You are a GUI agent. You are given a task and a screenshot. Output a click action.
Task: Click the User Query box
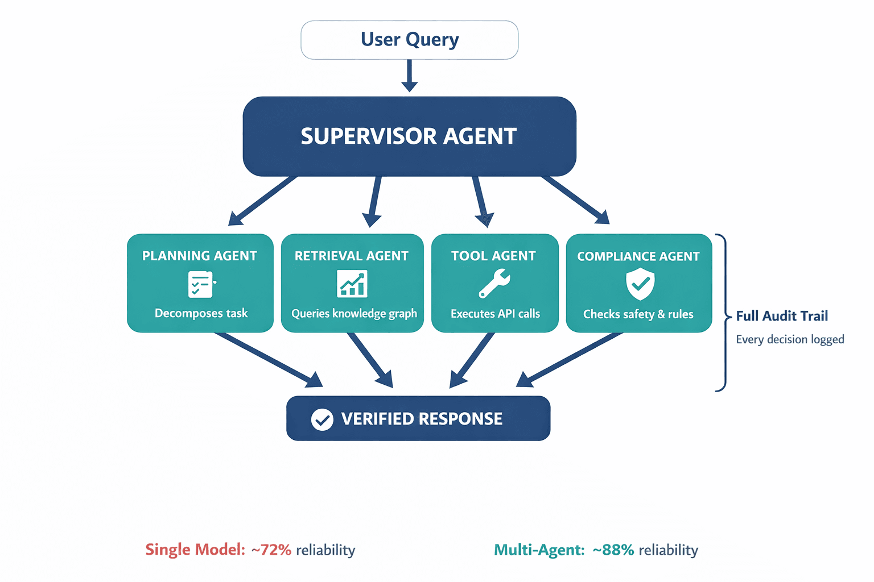pos(409,40)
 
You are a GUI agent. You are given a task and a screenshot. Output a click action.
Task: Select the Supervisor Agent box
pos(409,136)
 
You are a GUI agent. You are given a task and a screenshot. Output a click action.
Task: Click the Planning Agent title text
pos(200,256)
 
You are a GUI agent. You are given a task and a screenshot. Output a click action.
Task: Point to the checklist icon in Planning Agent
pos(201,284)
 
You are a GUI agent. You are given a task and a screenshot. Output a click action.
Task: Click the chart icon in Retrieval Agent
pos(352,284)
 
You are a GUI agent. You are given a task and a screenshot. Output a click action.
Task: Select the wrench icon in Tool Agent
pos(494,284)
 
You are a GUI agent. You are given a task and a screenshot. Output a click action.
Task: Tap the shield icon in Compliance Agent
pos(640,284)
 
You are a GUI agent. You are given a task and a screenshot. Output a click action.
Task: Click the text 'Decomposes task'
pos(201,313)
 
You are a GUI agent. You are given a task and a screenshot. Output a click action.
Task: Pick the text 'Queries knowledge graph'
pos(354,314)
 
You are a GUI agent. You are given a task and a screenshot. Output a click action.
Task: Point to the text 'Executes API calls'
pos(495,314)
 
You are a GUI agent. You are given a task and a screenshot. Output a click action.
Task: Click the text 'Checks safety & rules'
pos(638,314)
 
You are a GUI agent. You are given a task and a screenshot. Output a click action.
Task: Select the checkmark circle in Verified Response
pos(322,419)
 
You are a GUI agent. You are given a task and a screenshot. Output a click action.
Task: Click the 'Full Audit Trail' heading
pos(782,316)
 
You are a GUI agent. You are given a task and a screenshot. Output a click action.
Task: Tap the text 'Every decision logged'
pos(790,339)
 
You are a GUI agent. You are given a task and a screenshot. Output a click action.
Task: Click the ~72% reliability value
pos(271,550)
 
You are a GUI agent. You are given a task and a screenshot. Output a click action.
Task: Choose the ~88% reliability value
pos(613,550)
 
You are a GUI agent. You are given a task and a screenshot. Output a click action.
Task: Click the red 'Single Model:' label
pos(195,550)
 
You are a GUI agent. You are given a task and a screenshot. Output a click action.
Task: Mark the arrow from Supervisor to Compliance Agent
pos(575,200)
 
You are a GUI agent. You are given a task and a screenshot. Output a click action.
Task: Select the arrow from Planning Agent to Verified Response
pos(267,359)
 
